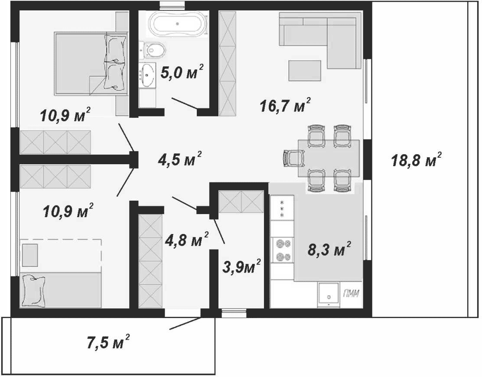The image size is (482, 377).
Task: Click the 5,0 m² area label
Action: pyautogui.click(x=182, y=72)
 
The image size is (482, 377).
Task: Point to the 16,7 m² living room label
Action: pyautogui.click(x=285, y=105)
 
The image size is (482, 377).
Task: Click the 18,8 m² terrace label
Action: pyautogui.click(x=416, y=159)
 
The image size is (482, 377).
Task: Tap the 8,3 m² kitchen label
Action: pyautogui.click(x=329, y=249)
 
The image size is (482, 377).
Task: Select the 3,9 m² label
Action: pyautogui.click(x=241, y=266)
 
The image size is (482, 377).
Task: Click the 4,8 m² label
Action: pyautogui.click(x=187, y=240)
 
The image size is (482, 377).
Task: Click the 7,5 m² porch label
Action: pyautogui.click(x=108, y=342)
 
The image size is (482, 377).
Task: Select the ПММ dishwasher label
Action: pyautogui.click(x=351, y=294)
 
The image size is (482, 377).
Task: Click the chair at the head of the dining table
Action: pyautogui.click(x=293, y=158)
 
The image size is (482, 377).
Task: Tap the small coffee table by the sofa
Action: pyautogui.click(x=305, y=71)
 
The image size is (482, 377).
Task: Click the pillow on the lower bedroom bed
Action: pyautogui.click(x=33, y=290)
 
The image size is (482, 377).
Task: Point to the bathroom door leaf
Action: pyautogui.click(x=185, y=103)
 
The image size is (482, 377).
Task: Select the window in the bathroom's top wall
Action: pyautogui.click(x=172, y=4)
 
